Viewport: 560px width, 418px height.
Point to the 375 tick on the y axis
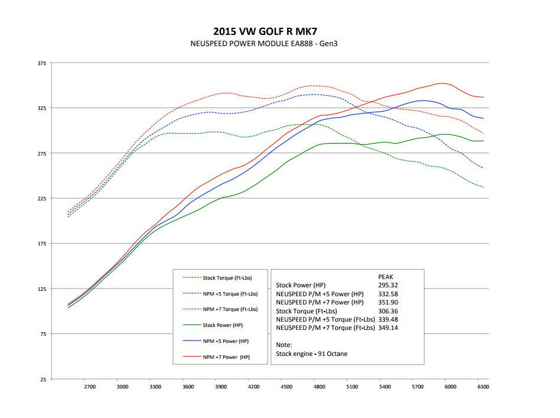coord(41,63)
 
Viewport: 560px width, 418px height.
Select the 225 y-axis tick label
coord(41,199)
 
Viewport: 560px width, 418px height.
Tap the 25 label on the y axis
coord(43,379)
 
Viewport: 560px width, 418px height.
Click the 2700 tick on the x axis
coord(90,387)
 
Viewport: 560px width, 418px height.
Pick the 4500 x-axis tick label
coord(286,387)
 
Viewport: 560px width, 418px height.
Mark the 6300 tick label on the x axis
coord(483,387)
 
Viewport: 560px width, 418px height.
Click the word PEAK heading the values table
coord(386,277)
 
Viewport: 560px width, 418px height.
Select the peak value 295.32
coord(388,286)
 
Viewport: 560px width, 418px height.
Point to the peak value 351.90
coord(388,302)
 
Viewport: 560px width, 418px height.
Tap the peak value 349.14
coord(388,328)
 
